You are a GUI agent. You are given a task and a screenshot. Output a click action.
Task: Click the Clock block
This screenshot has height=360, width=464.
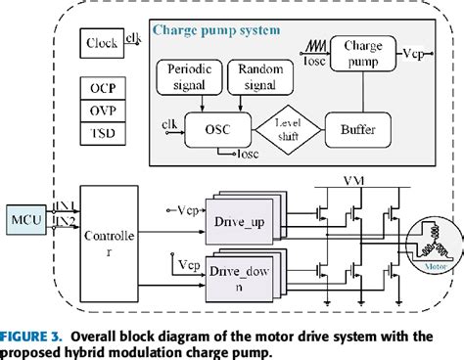coord(101,43)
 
